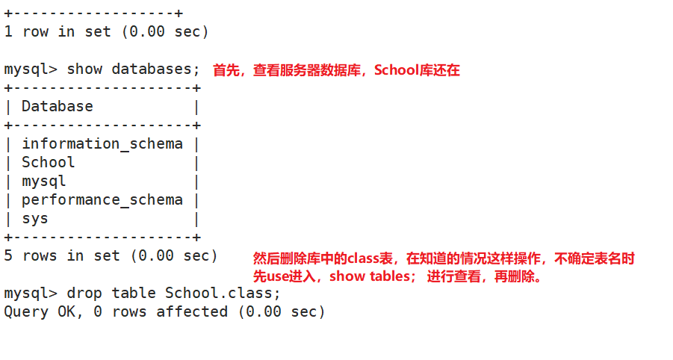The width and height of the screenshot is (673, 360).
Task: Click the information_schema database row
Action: (102, 143)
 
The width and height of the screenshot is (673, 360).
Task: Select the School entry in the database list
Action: (48, 162)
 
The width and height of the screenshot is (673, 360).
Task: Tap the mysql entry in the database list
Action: (43, 181)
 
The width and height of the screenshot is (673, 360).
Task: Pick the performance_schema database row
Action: (102, 199)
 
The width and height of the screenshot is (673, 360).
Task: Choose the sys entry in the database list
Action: (34, 218)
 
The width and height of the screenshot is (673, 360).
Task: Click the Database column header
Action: (57, 106)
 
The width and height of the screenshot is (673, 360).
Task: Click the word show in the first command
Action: (84, 69)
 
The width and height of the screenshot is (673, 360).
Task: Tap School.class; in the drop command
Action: (223, 293)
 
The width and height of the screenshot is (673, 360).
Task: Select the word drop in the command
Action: (84, 293)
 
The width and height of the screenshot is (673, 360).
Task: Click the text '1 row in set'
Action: (57, 31)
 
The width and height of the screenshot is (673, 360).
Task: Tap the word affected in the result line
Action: (191, 311)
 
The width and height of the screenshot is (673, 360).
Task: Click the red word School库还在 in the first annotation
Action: (417, 70)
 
